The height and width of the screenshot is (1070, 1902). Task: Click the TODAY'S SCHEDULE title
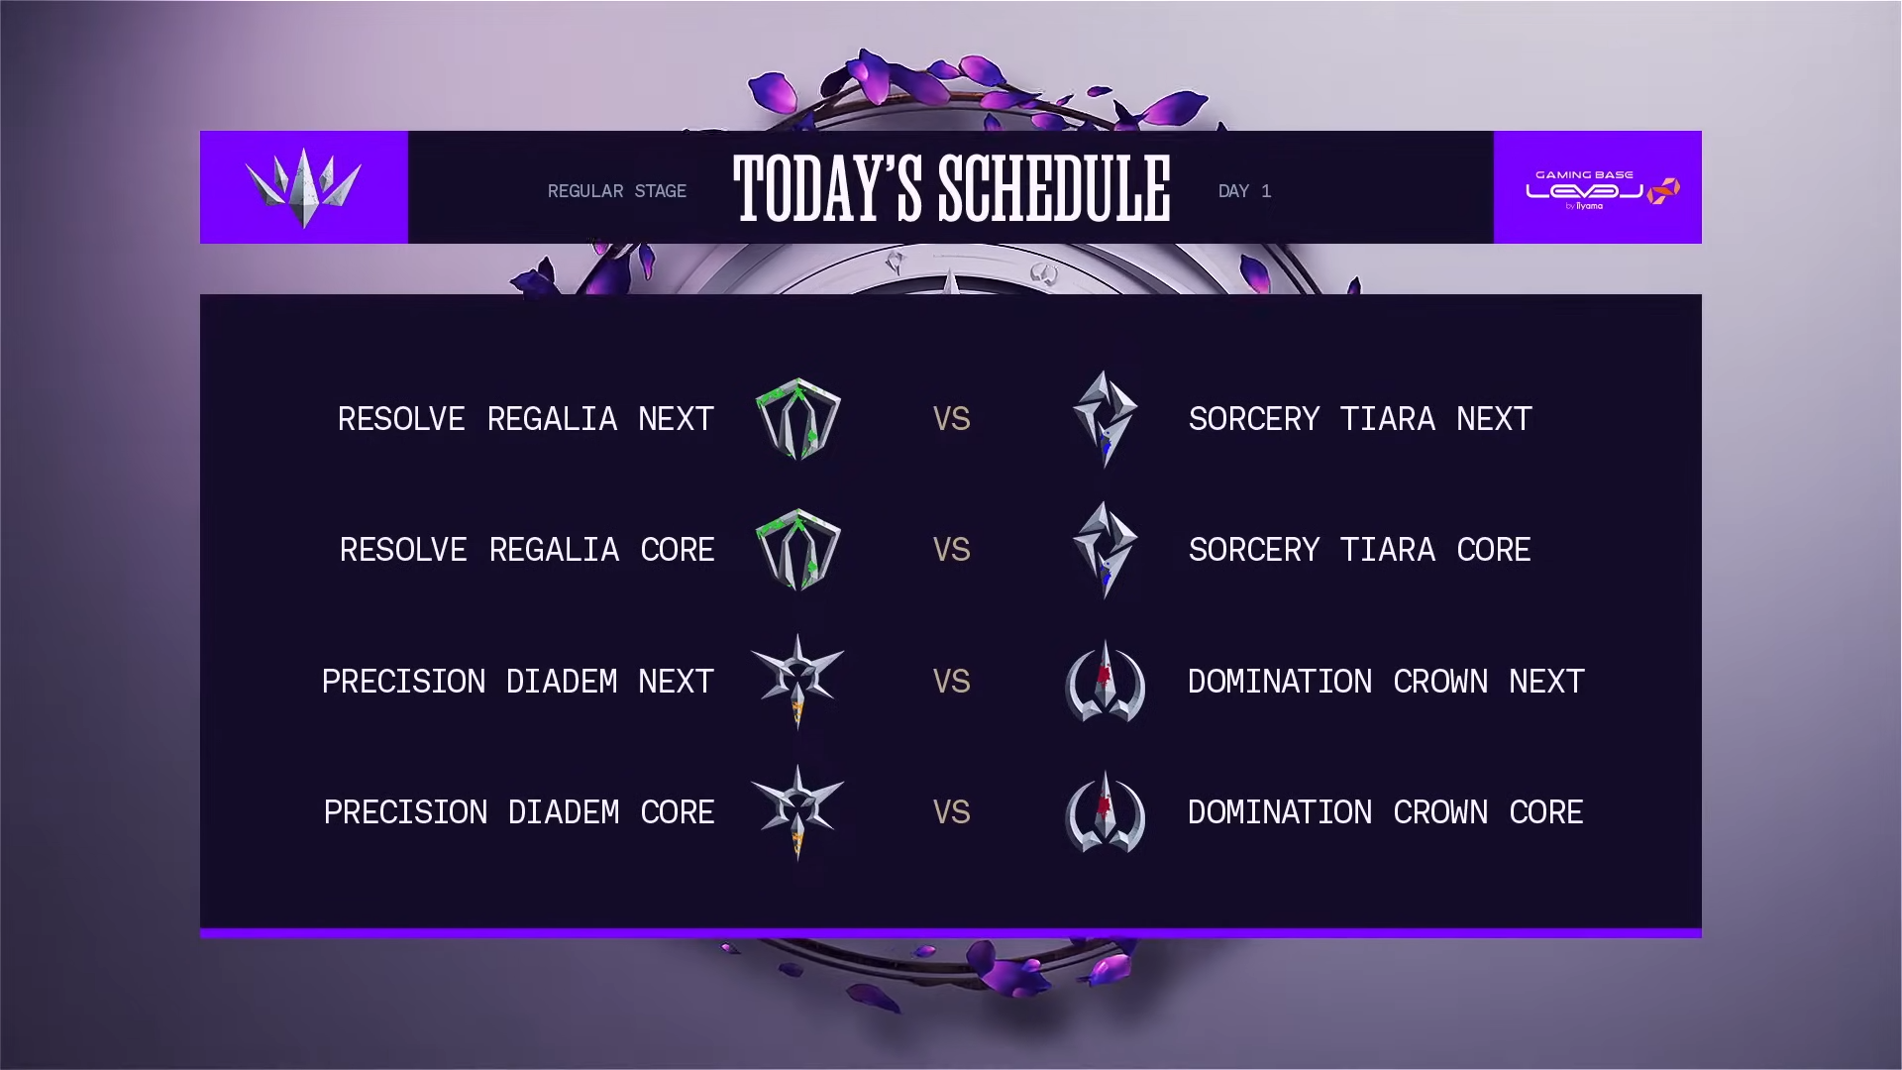952,188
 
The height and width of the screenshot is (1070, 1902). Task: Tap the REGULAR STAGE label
617,191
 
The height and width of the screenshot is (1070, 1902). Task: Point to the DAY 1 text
1244,191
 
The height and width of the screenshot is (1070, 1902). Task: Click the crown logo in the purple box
303,188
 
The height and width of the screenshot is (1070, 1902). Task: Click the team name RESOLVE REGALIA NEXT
526,419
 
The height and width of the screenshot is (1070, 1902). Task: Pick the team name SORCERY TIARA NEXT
1360,419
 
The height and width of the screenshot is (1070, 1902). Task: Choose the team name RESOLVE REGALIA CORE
527,550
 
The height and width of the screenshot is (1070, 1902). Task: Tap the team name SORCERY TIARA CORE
1359,550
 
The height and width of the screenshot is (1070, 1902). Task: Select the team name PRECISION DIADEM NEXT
518,682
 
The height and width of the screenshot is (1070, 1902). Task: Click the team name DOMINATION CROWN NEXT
1386,682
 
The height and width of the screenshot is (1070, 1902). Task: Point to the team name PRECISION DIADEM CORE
519,812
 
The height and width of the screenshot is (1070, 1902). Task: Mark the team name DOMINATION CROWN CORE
1385,812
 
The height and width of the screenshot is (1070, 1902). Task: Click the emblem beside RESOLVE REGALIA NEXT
798,419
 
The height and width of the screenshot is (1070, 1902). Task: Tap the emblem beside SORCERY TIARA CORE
1105,550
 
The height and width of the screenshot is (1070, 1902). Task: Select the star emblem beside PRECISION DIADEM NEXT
797,682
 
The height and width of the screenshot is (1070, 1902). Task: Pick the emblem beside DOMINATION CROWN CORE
1105,812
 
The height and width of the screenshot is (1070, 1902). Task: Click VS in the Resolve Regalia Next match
952,419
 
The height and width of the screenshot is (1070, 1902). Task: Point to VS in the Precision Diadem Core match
952,812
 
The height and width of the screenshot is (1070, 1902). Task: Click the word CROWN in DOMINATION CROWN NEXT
1440,682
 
